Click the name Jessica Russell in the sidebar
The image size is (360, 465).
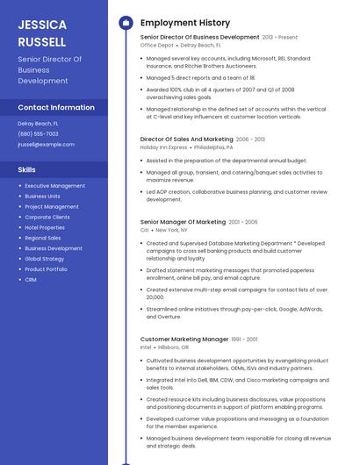(x=42, y=32)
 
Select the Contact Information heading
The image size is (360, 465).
(x=56, y=107)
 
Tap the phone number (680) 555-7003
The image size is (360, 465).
(x=38, y=133)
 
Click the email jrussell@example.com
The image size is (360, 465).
(x=46, y=144)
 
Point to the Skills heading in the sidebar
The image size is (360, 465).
(x=26, y=169)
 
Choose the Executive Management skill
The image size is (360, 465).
(x=54, y=186)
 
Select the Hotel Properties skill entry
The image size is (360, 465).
(x=44, y=227)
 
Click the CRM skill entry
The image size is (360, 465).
(x=31, y=279)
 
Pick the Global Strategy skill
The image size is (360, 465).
(x=44, y=259)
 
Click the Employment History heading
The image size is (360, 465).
(x=185, y=23)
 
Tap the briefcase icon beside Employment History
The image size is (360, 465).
(x=126, y=23)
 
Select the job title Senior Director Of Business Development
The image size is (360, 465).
(x=199, y=38)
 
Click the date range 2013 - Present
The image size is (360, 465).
(x=280, y=38)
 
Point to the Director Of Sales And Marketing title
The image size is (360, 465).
(x=186, y=139)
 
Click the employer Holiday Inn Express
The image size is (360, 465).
(x=163, y=147)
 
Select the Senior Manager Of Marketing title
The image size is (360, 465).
(x=183, y=222)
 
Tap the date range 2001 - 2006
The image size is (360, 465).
(x=243, y=222)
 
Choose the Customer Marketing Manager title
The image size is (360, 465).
(x=184, y=339)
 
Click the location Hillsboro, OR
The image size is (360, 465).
(x=173, y=347)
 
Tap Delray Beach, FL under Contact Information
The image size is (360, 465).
(x=38, y=124)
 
